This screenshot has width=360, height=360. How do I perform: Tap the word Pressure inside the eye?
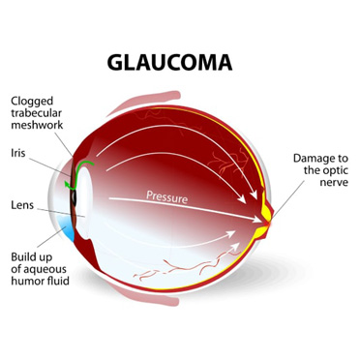(x=166, y=196)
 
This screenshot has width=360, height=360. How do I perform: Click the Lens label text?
(x=24, y=205)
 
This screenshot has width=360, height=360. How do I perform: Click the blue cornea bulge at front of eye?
(x=67, y=228)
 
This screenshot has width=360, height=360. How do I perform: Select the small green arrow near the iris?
(x=67, y=179)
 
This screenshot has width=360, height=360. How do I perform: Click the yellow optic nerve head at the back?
(x=267, y=209)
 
